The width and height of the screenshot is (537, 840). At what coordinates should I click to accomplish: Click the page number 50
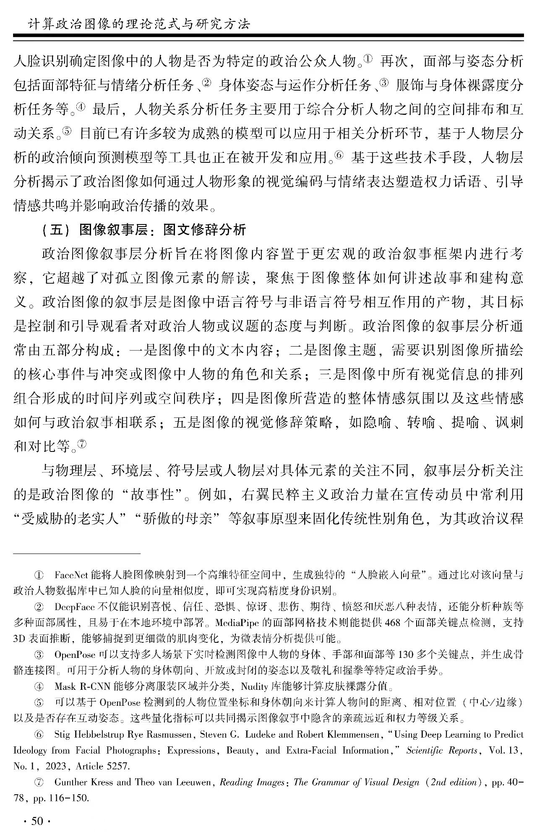(x=37, y=821)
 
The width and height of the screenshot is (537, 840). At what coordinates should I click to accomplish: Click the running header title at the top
(x=138, y=24)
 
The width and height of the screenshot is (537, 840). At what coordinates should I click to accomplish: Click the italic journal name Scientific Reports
(x=442, y=750)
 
